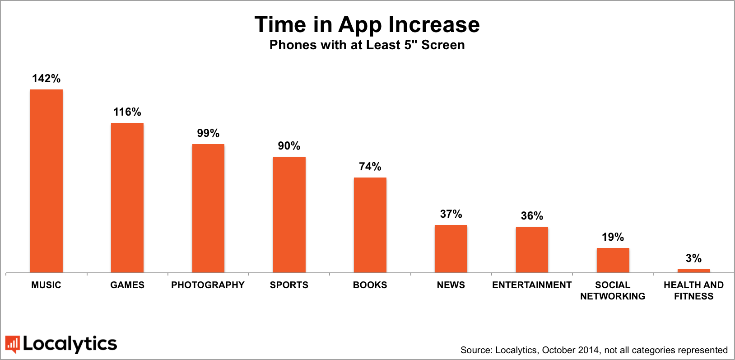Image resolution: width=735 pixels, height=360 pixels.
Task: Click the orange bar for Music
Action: click(x=47, y=181)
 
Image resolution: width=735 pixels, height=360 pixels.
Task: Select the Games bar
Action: click(x=127, y=197)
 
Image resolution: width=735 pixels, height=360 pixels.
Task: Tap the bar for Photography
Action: click(x=208, y=208)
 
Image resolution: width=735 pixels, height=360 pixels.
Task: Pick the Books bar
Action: click(x=370, y=225)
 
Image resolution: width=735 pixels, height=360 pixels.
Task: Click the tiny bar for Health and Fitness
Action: click(x=694, y=271)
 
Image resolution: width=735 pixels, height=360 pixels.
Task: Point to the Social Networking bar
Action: click(x=613, y=260)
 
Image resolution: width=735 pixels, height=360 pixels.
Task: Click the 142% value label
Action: click(x=46, y=79)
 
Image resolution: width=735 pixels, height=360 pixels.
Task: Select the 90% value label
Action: click(x=289, y=146)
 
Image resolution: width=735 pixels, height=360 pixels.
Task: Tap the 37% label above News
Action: click(x=451, y=214)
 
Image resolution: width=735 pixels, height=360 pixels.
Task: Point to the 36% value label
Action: click(x=532, y=216)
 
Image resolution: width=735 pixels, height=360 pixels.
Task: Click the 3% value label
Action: click(x=693, y=258)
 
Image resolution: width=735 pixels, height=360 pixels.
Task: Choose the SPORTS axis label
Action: click(x=289, y=285)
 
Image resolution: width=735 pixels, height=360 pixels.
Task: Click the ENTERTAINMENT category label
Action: click(x=532, y=285)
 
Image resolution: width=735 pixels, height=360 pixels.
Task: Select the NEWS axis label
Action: click(x=451, y=285)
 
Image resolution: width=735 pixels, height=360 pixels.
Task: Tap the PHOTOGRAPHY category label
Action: click(x=208, y=285)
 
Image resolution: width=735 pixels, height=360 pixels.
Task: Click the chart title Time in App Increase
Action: click(x=367, y=24)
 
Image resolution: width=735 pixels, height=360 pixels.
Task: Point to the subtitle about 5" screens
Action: click(x=367, y=45)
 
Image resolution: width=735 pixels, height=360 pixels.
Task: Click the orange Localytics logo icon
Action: click(x=12, y=344)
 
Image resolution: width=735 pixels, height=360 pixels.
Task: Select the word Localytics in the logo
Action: click(x=70, y=344)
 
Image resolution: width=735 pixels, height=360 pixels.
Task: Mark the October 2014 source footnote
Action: click(x=594, y=350)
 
